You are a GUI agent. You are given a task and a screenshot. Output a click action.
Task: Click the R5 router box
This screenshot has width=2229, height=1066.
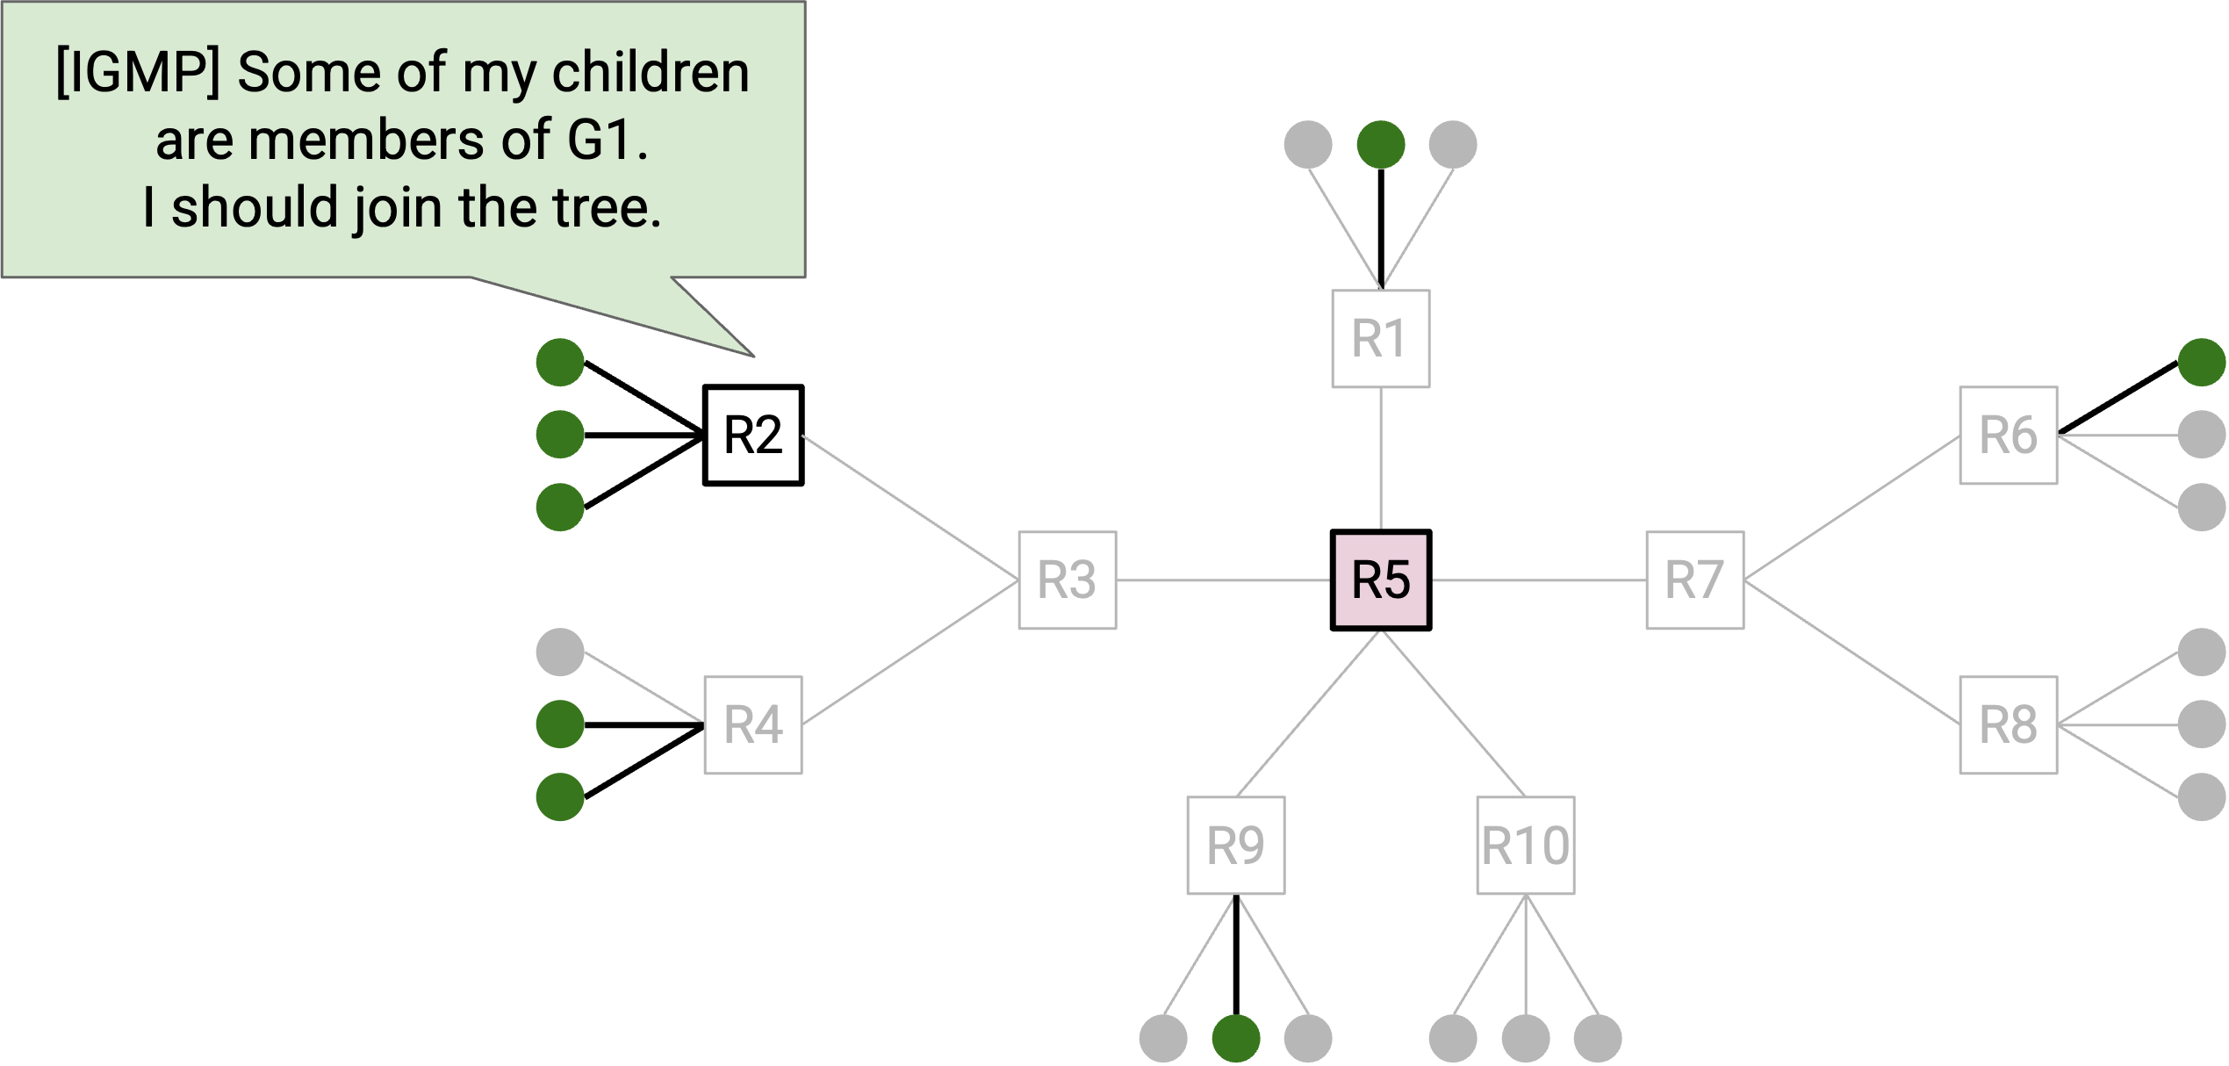pyautogui.click(x=1381, y=580)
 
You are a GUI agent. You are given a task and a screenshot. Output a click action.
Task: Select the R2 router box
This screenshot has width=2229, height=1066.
pyautogui.click(x=753, y=435)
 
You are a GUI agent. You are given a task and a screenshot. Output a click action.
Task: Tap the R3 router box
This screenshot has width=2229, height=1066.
pyautogui.click(x=1068, y=580)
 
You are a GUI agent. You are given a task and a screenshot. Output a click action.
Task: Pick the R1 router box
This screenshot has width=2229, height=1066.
pyautogui.click(x=1381, y=339)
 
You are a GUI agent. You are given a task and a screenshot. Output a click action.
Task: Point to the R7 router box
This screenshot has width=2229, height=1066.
pyautogui.click(x=1695, y=580)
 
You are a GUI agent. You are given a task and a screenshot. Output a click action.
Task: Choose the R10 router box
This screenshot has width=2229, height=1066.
pyautogui.click(x=1526, y=846)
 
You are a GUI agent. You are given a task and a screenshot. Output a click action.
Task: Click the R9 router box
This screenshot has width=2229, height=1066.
pyautogui.click(x=1236, y=846)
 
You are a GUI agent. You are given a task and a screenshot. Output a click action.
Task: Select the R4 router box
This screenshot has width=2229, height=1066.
pyautogui.click(x=753, y=725)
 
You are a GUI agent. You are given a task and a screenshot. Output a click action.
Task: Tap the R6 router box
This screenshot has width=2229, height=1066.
pyautogui.click(x=2009, y=436)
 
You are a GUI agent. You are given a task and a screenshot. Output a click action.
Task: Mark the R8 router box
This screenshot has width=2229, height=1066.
pyautogui.click(x=2009, y=725)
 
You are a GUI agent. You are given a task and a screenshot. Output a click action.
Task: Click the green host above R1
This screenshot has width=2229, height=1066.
pyautogui.click(x=1381, y=145)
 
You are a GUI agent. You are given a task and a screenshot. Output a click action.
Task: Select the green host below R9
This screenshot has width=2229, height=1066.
pyautogui.click(x=1236, y=1039)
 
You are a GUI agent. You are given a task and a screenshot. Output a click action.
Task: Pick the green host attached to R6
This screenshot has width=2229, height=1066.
pyautogui.click(x=2202, y=363)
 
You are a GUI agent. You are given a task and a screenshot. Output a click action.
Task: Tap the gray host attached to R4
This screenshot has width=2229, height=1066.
pyautogui.click(x=560, y=652)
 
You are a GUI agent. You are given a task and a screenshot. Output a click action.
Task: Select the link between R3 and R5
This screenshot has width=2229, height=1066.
pyautogui.click(x=1224, y=580)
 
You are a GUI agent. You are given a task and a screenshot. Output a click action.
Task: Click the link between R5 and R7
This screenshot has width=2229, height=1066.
pyautogui.click(x=1539, y=580)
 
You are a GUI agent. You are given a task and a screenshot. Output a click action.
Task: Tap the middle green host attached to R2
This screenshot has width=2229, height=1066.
pyautogui.click(x=560, y=435)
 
